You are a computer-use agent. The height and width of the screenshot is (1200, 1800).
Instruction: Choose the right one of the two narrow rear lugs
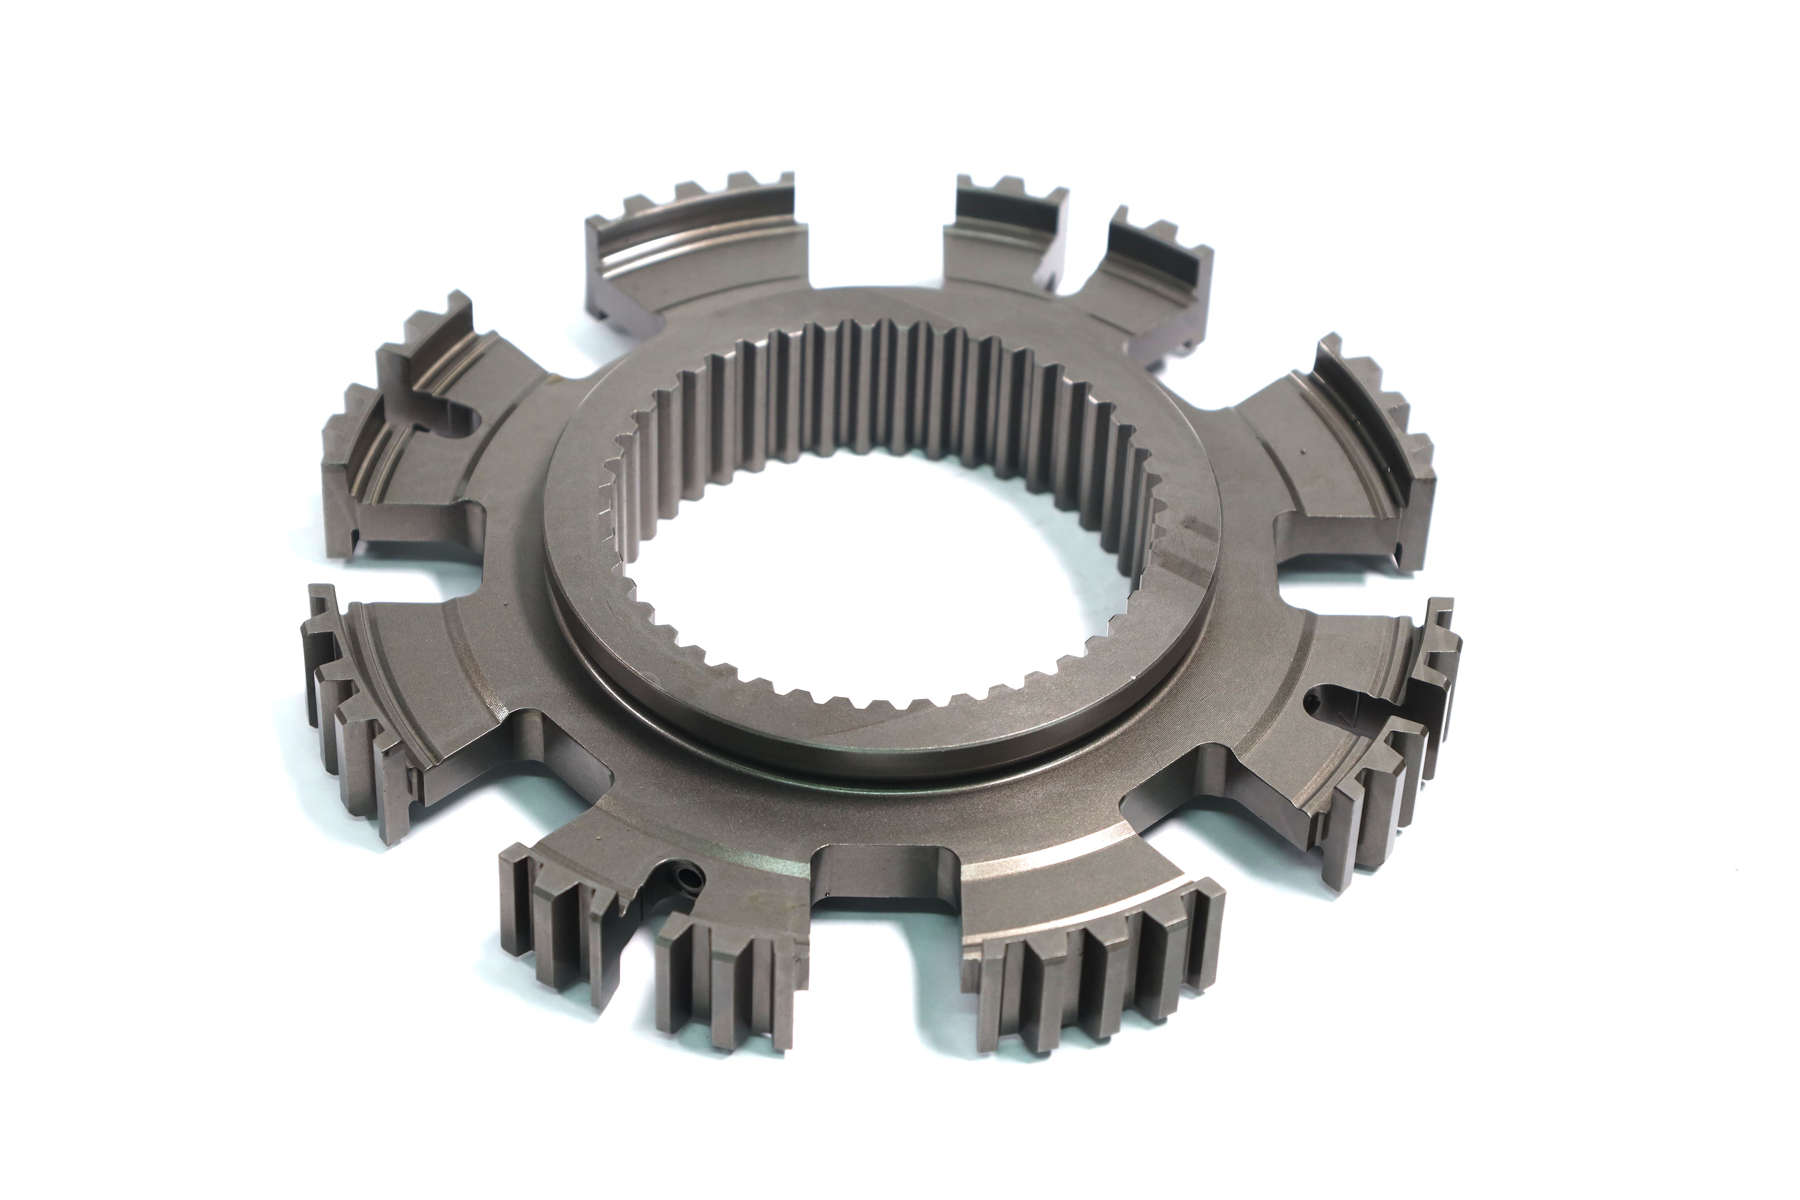[x=1148, y=283]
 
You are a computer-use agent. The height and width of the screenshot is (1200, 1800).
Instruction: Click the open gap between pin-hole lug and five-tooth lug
[x=880, y=941]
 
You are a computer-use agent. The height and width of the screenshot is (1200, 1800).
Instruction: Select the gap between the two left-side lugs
[x=398, y=566]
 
